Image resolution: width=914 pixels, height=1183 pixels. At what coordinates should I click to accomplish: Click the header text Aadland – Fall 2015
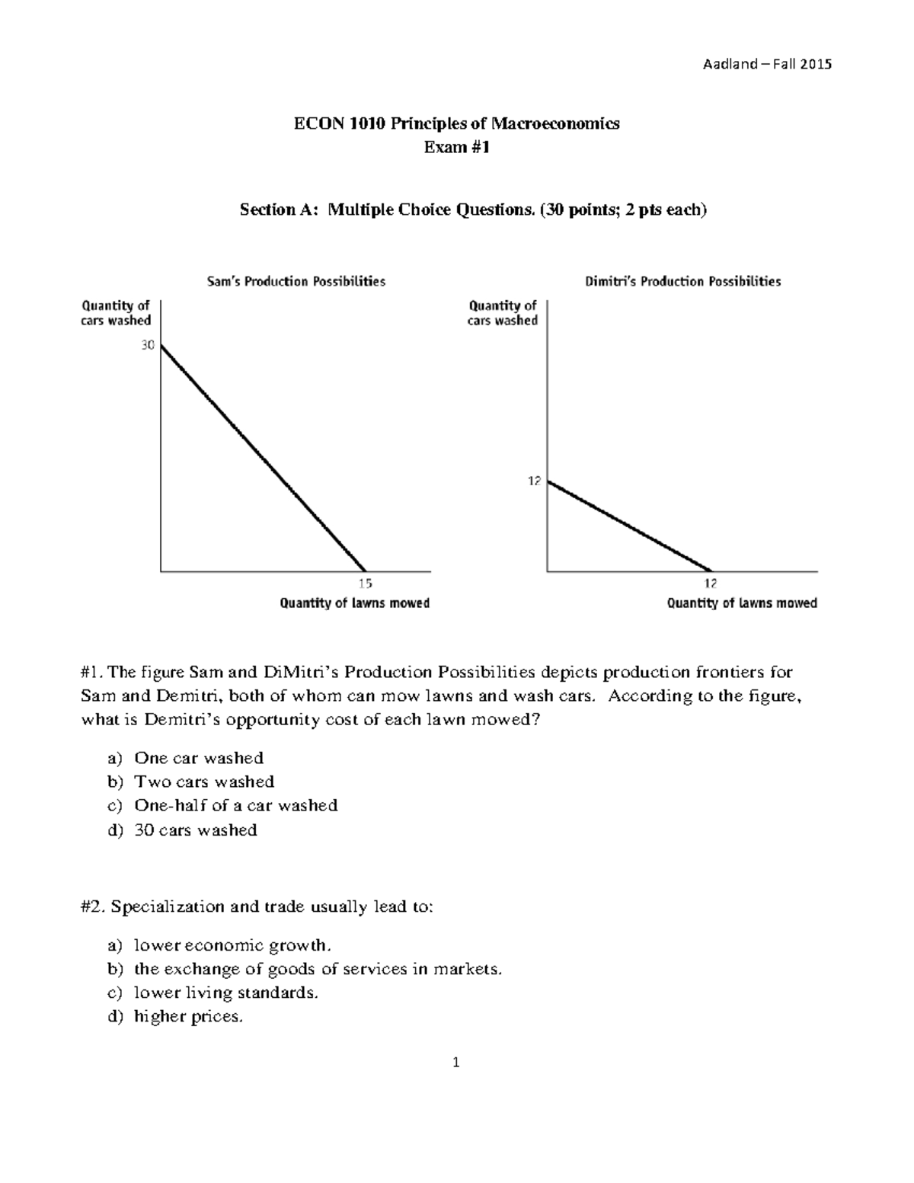766,64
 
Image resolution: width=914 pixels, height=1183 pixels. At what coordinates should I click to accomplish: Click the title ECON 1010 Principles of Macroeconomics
457,123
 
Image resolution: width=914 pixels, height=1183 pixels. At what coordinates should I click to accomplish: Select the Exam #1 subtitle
457,147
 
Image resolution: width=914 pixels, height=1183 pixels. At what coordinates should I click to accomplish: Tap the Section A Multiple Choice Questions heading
473,209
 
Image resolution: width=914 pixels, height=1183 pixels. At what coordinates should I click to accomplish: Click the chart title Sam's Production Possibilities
296,282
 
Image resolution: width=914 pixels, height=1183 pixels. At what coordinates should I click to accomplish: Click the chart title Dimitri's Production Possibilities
682,282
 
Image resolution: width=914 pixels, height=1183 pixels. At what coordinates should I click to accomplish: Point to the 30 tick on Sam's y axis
147,345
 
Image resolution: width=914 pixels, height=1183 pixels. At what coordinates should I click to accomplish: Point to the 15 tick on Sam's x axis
366,584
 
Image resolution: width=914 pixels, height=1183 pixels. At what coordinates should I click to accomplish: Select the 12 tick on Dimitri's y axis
534,481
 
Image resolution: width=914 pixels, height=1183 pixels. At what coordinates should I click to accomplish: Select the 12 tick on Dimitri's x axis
710,584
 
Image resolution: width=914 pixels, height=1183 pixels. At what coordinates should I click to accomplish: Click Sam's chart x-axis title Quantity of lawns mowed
355,603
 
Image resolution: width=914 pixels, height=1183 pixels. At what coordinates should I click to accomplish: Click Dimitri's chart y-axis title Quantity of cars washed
503,313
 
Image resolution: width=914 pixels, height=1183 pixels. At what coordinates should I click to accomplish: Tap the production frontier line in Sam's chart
263,458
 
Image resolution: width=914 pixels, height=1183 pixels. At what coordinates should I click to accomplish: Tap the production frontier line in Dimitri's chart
628,526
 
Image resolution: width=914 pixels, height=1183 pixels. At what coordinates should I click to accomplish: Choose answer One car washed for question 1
199,758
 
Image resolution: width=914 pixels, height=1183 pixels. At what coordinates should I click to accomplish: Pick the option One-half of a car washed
235,805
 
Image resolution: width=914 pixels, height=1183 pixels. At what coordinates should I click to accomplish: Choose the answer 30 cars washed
196,830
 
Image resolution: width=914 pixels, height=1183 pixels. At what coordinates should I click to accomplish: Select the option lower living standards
225,993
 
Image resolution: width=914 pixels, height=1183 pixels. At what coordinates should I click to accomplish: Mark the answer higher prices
188,1016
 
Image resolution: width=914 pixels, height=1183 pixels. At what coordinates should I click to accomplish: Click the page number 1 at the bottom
455,1063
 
